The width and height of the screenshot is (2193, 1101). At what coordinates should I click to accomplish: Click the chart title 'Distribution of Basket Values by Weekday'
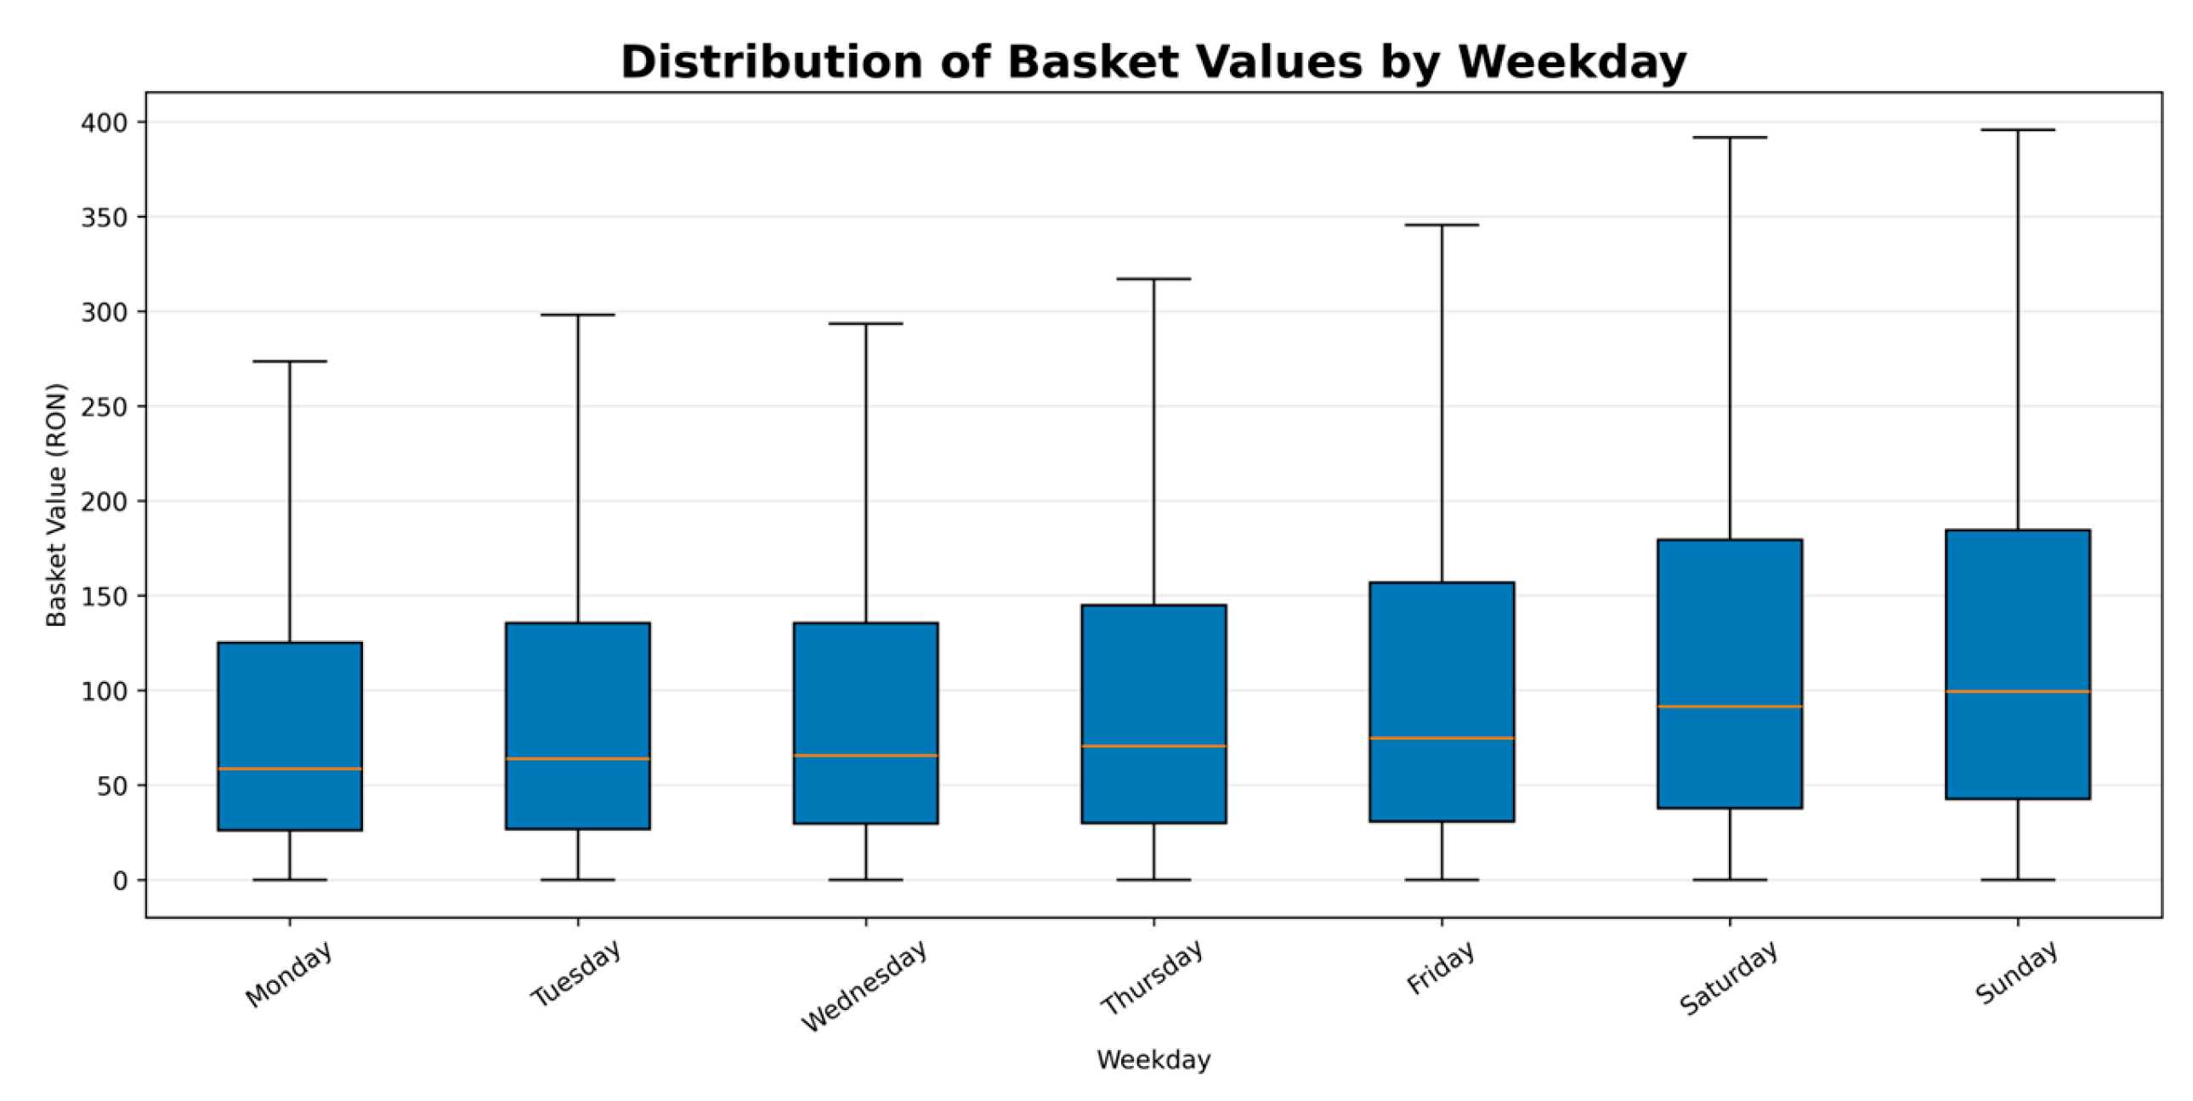(1153, 62)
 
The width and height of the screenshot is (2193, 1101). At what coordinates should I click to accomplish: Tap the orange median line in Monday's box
(290, 769)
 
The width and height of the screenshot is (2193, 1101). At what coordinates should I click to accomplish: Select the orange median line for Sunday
(2018, 691)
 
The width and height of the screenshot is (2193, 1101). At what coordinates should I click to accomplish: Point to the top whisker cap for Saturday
(1730, 137)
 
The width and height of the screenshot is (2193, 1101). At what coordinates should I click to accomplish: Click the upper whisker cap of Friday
(1442, 224)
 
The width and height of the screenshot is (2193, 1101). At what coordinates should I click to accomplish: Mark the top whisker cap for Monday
(290, 361)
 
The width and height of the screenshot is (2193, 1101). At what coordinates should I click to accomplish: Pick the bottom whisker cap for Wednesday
(866, 880)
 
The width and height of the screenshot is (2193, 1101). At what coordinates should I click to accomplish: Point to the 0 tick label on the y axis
(120, 881)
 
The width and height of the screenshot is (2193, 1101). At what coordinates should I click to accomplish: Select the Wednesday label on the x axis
(864, 986)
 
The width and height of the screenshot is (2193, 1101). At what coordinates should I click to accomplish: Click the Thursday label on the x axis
(1152, 978)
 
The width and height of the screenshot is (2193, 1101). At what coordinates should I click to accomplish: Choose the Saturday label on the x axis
(1728, 978)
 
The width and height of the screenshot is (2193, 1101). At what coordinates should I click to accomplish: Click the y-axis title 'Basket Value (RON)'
(56, 505)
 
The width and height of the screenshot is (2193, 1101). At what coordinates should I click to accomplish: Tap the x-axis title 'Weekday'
(1153, 1060)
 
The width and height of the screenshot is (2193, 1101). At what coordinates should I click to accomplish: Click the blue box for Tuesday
(578, 725)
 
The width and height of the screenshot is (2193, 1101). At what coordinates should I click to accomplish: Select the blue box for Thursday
(1154, 713)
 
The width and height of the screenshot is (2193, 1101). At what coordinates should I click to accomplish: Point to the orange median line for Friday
(1442, 738)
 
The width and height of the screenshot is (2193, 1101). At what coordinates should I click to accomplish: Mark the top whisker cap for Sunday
(2018, 130)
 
